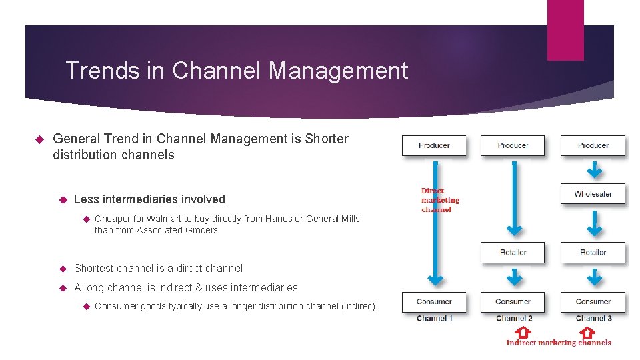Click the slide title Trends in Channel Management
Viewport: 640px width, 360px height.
[x=237, y=70]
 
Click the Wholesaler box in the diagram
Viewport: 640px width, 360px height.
[x=593, y=194]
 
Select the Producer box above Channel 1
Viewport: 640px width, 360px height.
[x=434, y=145]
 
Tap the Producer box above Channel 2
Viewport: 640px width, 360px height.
[x=513, y=145]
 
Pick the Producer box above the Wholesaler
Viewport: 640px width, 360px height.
[x=593, y=145]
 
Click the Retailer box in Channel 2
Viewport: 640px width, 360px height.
[x=513, y=253]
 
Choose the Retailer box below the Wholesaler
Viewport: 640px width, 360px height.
[x=593, y=253]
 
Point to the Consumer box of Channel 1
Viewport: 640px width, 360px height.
[x=434, y=302]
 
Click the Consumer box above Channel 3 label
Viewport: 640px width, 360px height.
[x=593, y=302]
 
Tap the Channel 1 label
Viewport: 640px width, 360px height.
[x=434, y=319]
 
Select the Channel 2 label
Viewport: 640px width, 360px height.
[x=514, y=319]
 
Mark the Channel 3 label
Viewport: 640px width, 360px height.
[x=593, y=319]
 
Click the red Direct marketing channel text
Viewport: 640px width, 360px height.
[x=439, y=200]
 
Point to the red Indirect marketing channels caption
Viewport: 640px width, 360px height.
[x=558, y=343]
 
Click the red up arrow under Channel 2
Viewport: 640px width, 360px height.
[x=524, y=331]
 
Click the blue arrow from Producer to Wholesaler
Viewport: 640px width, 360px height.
[x=593, y=170]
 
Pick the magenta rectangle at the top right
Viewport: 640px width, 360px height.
[x=565, y=30]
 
